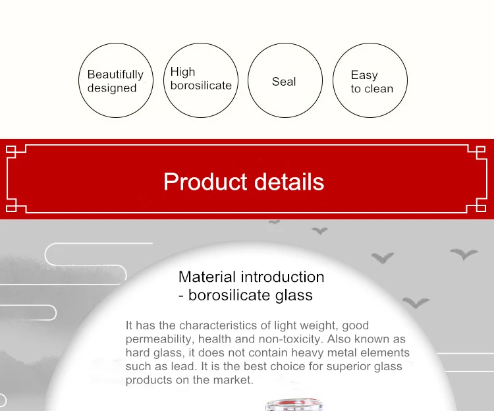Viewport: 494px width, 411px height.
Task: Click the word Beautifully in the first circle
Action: tap(115, 74)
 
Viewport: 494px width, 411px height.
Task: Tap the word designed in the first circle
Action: tap(112, 88)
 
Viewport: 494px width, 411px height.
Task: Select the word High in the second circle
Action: tap(182, 72)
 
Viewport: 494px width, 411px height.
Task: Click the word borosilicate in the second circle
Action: tap(201, 86)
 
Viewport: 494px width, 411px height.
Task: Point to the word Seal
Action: tap(284, 82)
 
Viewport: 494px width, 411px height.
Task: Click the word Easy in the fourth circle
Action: tap(364, 75)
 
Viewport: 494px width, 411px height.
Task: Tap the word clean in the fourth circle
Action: tap(378, 89)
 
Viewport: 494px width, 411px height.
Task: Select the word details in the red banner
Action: tap(289, 182)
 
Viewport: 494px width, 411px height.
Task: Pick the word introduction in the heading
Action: tap(283, 277)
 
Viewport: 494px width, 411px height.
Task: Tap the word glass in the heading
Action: tap(294, 296)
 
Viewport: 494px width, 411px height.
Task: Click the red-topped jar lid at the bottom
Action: tap(294, 404)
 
